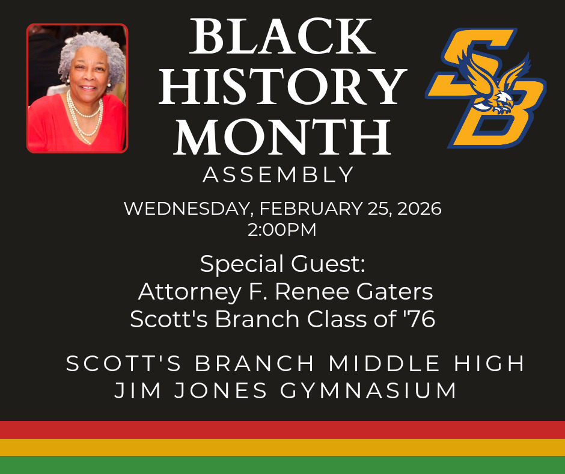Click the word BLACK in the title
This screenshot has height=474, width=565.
tap(282, 37)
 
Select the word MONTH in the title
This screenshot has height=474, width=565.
tap(282, 137)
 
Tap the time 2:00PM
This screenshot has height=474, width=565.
tap(282, 229)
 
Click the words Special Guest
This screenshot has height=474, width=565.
tap(282, 264)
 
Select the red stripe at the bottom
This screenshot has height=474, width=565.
tap(282, 430)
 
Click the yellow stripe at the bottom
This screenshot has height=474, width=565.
tap(282, 448)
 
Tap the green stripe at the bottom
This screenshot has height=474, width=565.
tap(282, 465)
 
